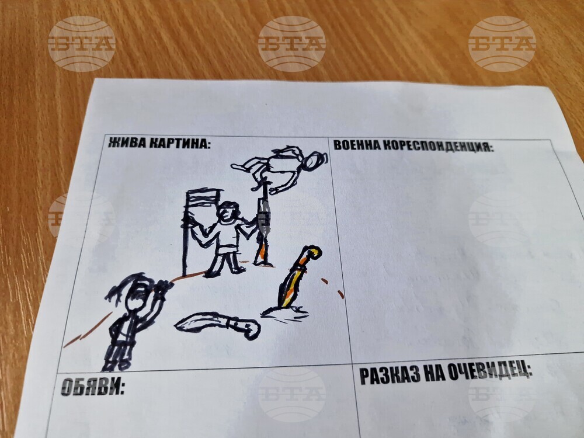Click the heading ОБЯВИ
(92, 387)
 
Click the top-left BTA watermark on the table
(82, 44)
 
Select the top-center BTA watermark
(292, 44)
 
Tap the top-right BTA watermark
(502, 44)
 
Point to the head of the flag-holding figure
(227, 211)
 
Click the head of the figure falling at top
(314, 161)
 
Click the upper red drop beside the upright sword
(324, 281)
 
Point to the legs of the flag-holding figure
(225, 263)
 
